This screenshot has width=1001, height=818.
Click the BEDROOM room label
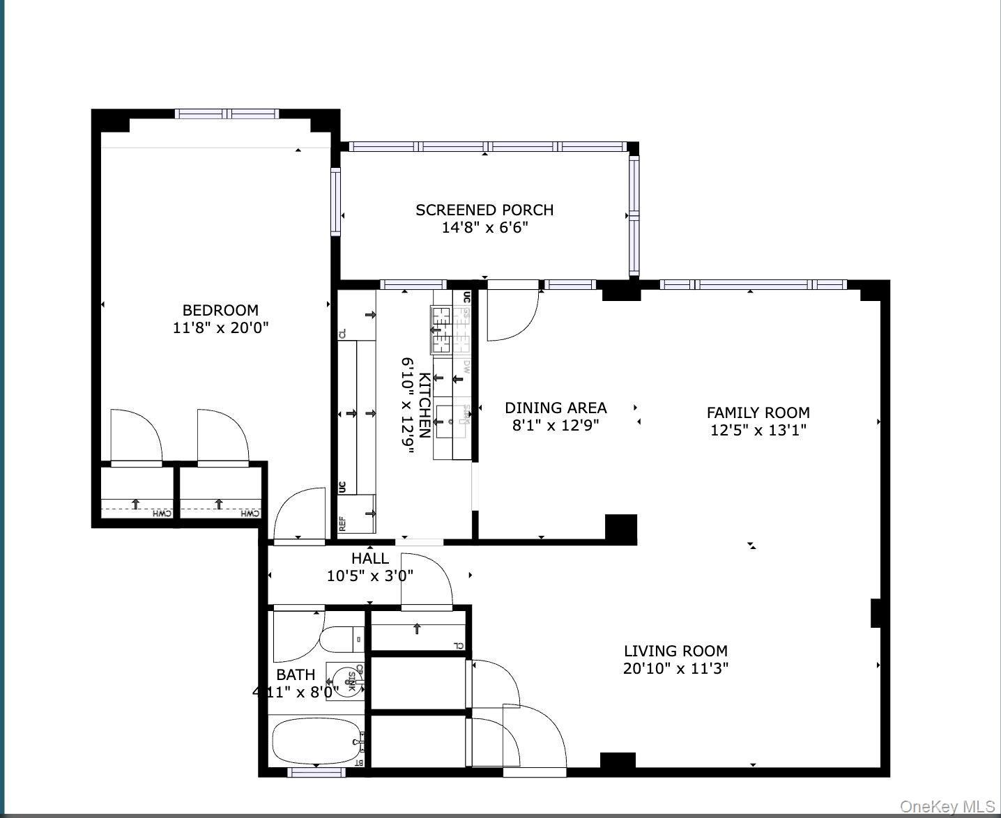[220, 310]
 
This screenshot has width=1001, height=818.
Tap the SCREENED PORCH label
[484, 210]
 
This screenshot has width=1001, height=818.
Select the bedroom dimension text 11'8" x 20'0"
[220, 327]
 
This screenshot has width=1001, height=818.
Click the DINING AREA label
[556, 408]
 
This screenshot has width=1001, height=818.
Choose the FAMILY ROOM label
[758, 412]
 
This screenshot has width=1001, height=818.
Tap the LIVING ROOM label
[675, 651]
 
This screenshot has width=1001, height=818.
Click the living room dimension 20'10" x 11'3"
[675, 669]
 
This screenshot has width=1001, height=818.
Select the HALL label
[370, 558]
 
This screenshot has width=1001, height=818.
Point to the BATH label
[296, 674]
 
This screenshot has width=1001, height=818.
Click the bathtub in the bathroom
[316, 742]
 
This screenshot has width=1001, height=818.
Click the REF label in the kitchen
[342, 524]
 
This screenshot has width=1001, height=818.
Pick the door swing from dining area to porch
[512, 315]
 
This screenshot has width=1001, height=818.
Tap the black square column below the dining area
[620, 529]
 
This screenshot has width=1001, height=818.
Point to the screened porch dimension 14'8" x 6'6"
[484, 228]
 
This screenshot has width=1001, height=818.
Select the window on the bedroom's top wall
[227, 114]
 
